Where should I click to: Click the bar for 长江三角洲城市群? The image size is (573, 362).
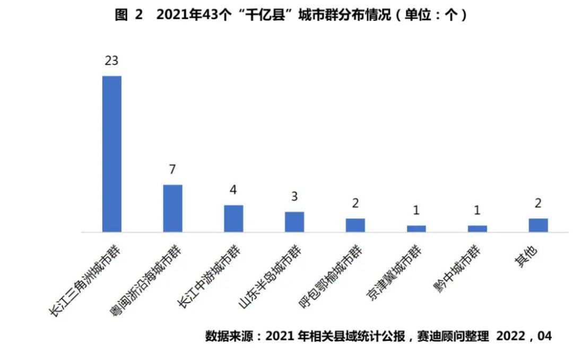point(112,154)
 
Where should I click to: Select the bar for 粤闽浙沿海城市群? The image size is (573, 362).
point(173,208)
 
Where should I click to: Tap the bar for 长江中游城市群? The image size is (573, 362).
point(233,218)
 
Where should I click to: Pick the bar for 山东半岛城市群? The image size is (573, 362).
point(294,222)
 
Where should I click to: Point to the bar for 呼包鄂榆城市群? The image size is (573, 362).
point(355,225)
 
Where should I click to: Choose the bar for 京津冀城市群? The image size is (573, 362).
point(416,229)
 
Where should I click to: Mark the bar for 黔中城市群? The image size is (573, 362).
point(477,229)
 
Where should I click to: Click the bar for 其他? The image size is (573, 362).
point(539,225)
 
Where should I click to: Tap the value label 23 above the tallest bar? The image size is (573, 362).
point(111,60)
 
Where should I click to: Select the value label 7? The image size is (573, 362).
point(172,169)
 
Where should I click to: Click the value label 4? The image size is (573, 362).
point(233,190)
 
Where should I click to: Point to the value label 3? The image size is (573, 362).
point(294,197)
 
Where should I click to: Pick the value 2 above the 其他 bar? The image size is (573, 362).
point(538,203)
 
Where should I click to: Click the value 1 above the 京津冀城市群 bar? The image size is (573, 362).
point(416,210)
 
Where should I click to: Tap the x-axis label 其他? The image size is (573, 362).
point(526,257)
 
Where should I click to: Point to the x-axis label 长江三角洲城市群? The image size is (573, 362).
point(84,280)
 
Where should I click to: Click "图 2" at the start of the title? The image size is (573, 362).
point(128,15)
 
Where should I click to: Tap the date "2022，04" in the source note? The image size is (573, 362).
point(524,336)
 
